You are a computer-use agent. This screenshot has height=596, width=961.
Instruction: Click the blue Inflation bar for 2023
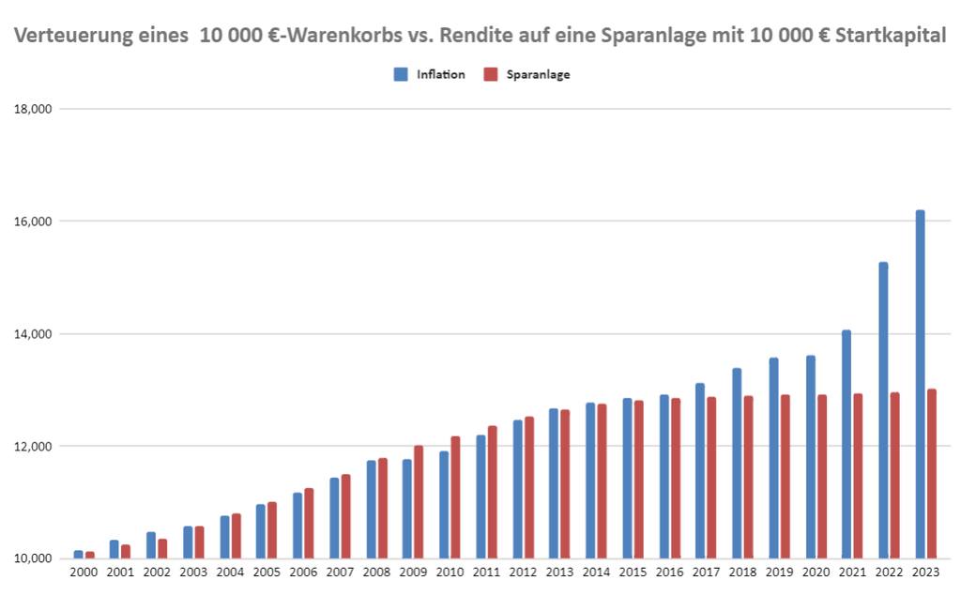pos(921,385)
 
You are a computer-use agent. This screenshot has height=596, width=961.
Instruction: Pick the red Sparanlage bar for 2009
pos(419,502)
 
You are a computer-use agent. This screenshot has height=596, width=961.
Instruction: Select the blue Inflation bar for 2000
pos(79,555)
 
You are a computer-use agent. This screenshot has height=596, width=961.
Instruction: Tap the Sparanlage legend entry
pos(538,75)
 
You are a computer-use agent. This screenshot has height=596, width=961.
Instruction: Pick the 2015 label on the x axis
pos(633,572)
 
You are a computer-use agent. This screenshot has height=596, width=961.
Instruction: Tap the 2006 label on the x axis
pos(303,572)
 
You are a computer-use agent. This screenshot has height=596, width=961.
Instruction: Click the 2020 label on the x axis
pos(816,572)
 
